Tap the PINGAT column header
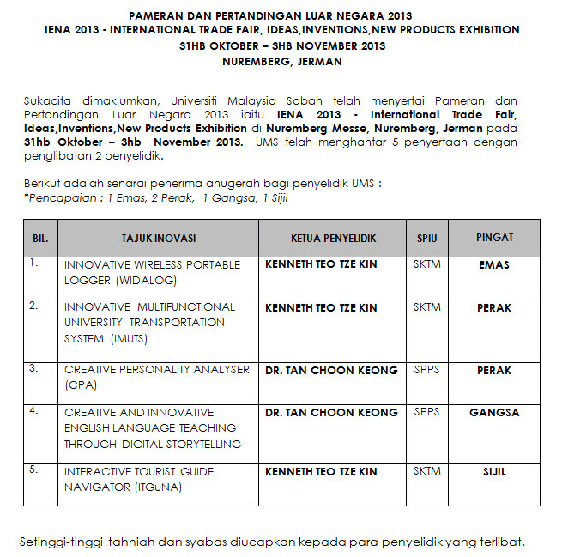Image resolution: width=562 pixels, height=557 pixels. tap(493, 238)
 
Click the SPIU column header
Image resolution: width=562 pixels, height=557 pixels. tap(426, 238)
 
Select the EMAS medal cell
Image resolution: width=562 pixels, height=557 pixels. tap(493, 265)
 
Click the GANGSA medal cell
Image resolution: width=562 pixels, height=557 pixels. tap(493, 413)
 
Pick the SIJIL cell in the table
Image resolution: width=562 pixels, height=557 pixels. tap(493, 472)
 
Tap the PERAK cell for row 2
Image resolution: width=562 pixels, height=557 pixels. tap(493, 307)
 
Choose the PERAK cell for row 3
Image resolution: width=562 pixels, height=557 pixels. tap(493, 371)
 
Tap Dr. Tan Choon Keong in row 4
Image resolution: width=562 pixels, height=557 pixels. tap(331, 413)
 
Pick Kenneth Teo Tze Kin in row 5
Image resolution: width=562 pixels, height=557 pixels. tap(321, 472)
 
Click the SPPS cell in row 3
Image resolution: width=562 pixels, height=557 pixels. tap(426, 370)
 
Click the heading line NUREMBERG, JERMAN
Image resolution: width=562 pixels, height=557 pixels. tap(281, 62)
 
